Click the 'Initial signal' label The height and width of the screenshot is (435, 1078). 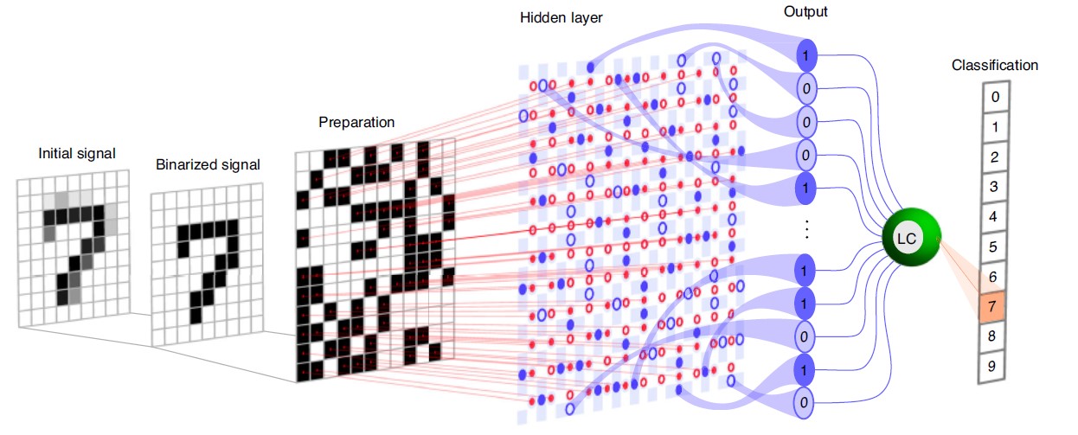[77, 153]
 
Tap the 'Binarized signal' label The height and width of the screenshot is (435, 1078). [207, 164]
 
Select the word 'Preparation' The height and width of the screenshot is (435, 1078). [356, 123]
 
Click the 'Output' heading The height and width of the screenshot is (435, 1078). [805, 11]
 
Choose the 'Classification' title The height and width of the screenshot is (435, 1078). [995, 65]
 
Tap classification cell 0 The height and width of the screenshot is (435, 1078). [995, 96]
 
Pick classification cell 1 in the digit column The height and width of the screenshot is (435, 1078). [995, 126]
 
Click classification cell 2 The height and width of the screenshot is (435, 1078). [995, 157]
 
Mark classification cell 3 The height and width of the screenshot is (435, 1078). [995, 186]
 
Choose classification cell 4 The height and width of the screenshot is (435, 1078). [995, 216]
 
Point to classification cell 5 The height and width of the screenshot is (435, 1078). [995, 246]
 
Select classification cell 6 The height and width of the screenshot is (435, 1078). [995, 276]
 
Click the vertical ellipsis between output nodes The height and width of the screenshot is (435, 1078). [806, 229]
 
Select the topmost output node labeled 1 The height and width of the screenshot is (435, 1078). [805, 55]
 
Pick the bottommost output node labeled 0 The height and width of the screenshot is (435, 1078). [805, 402]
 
